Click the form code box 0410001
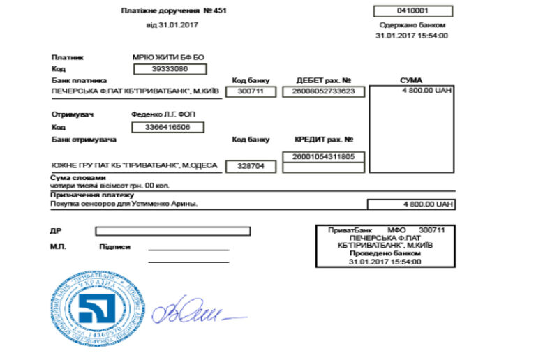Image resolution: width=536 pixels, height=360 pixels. [x=412, y=11]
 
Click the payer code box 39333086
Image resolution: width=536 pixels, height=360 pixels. [x=170, y=69]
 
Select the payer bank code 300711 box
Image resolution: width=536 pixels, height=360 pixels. [x=251, y=91]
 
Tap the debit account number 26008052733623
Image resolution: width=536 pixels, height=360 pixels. [x=323, y=91]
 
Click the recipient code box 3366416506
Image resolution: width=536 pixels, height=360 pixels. [x=170, y=127]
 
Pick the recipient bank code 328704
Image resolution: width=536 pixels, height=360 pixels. [x=251, y=167]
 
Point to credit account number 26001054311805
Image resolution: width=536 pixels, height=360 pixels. [x=323, y=156]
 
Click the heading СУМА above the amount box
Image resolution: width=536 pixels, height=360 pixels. [x=411, y=80]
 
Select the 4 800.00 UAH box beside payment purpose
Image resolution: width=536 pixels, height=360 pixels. [x=411, y=204]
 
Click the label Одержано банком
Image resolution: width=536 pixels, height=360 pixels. [x=412, y=24]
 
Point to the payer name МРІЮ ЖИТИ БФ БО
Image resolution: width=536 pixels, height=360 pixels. [x=168, y=57]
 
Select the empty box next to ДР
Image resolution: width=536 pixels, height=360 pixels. [x=172, y=231]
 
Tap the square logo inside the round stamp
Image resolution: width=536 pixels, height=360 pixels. [x=96, y=308]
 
